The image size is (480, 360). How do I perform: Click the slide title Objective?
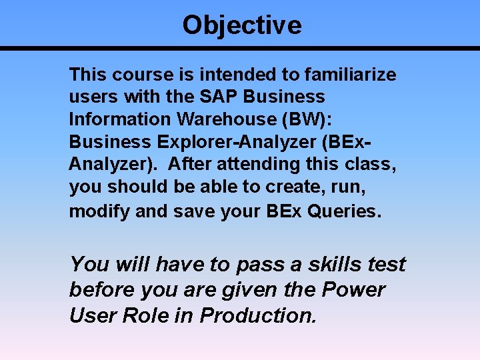(x=241, y=25)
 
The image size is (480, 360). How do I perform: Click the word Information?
(x=110, y=119)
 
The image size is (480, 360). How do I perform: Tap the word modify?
(x=99, y=211)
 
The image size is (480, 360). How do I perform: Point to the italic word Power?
(x=354, y=290)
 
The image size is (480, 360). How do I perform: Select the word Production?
(x=257, y=315)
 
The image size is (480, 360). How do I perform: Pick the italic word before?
(x=99, y=290)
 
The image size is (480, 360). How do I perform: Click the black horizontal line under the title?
(x=240, y=48)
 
